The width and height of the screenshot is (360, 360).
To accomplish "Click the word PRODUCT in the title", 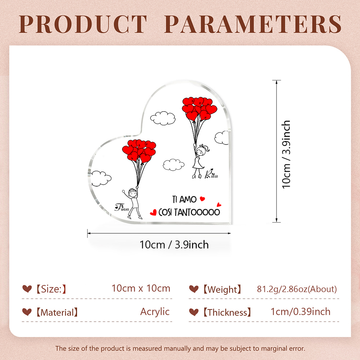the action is [83, 24].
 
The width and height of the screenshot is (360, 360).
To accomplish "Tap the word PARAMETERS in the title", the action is [253, 24].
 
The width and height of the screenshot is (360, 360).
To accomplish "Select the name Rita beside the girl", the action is [211, 174].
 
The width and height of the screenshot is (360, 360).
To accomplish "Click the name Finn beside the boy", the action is [122, 207].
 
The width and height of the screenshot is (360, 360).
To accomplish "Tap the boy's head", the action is [132, 193].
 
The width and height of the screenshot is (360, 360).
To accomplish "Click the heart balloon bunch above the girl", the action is [199, 109].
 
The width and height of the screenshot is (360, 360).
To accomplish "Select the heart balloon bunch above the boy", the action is [139, 151].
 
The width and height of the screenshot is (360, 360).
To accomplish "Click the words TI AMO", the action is [184, 199].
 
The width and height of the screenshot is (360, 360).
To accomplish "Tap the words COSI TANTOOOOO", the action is [189, 212].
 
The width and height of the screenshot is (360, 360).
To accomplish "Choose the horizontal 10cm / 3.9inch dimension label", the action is [174, 245].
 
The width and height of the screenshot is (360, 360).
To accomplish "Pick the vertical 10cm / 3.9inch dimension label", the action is [286, 154].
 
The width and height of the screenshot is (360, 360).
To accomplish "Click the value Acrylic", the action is [155, 312].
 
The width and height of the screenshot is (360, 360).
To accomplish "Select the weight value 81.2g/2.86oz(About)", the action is [297, 289].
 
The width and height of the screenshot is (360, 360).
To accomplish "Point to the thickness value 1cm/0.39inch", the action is [301, 311].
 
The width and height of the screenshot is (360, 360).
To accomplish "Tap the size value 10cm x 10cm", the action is [141, 288].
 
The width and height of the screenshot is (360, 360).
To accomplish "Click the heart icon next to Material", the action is [27, 312].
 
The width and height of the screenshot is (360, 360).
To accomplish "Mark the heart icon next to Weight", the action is [194, 289].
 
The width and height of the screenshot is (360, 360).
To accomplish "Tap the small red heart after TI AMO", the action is [202, 199].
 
